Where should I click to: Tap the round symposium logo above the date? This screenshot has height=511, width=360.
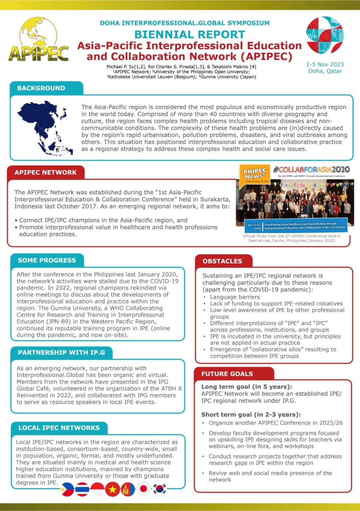pyautogui.click(x=324, y=35)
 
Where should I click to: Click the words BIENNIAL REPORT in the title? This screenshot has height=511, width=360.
pyautogui.click(x=189, y=34)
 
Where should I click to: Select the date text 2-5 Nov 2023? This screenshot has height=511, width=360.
pyautogui.click(x=325, y=64)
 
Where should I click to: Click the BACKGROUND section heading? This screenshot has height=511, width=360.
pyautogui.click(x=41, y=88)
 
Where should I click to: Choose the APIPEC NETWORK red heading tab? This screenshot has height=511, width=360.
pyautogui.click(x=46, y=172)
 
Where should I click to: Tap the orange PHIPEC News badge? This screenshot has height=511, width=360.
pyautogui.click(x=255, y=173)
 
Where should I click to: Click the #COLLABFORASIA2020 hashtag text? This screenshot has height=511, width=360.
pyautogui.click(x=311, y=169)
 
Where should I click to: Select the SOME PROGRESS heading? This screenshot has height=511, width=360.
pyautogui.click(x=47, y=260)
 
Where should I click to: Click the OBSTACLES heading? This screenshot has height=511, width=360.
pyautogui.click(x=222, y=261)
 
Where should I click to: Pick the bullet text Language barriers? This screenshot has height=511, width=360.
pyautogui.click(x=235, y=297)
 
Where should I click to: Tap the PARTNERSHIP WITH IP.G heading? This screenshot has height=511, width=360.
pyautogui.click(x=61, y=352)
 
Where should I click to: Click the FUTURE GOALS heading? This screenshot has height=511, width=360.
pyautogui.click(x=227, y=374)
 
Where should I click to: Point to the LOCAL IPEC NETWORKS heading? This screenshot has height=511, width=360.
pyautogui.click(x=59, y=427)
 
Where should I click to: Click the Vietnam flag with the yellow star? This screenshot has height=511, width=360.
pyautogui.click(x=112, y=489)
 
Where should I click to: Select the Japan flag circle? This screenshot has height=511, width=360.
pyautogui.click(x=144, y=488)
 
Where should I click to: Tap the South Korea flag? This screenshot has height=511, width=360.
pyautogui.click(x=159, y=489)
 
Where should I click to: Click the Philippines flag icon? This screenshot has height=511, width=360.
pyautogui.click(x=67, y=489)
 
